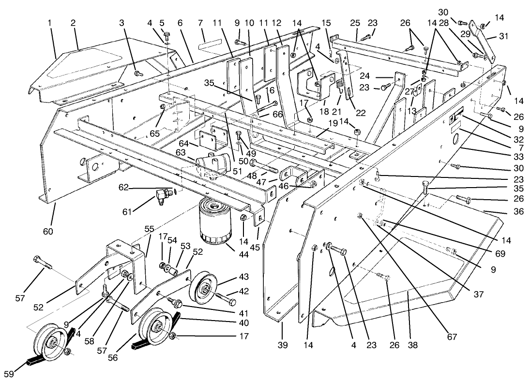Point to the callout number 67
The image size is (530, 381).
[x=451, y=337]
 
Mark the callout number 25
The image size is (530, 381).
[x=356, y=23]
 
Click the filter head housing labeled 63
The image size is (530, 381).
[x=212, y=165]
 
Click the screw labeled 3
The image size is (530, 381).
[x=138, y=73]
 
